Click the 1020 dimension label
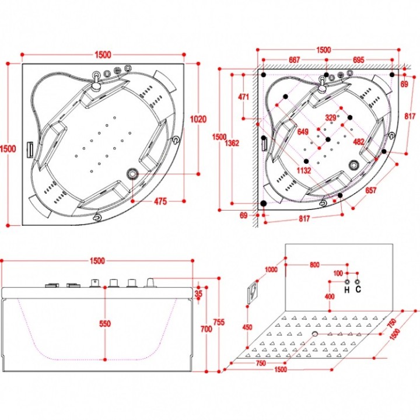(x=198, y=118)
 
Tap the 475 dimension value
(x=160, y=201)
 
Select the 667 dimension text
(x=294, y=60)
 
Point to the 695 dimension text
(x=358, y=60)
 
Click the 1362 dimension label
(x=232, y=143)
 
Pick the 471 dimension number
(x=243, y=97)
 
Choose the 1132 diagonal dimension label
(x=304, y=170)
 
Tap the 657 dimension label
(x=371, y=190)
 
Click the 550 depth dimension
(x=105, y=324)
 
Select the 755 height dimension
(x=219, y=322)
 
